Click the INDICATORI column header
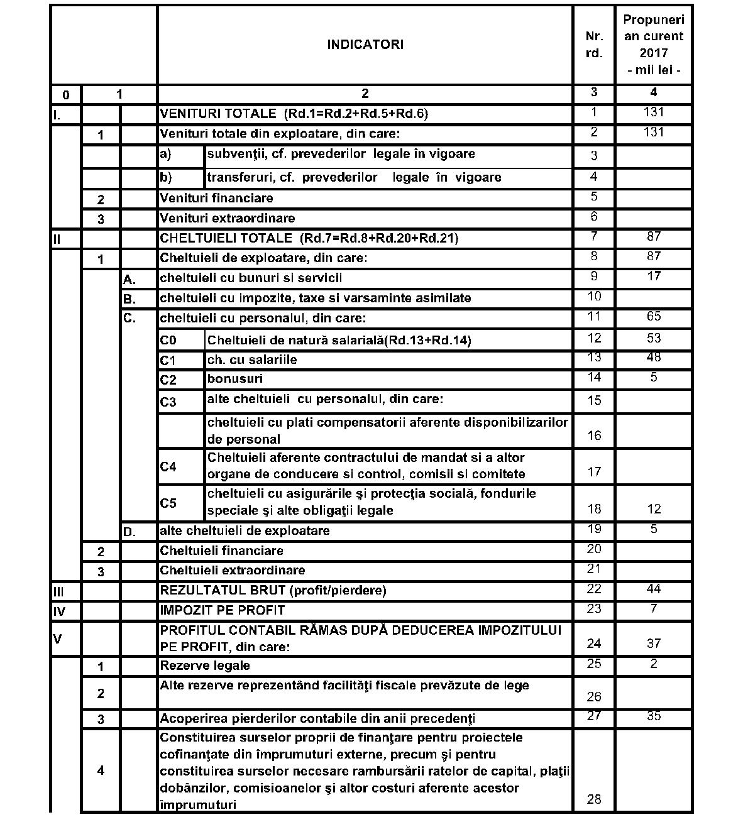coord(365,45)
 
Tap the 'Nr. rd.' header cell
coord(593,45)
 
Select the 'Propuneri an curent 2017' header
coord(654,45)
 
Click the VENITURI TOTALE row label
coord(294,114)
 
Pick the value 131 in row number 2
coord(654,132)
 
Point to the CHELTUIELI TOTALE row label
coord(309,238)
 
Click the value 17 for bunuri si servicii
coord(654,276)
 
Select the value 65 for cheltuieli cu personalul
coord(654,316)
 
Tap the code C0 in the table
coord(168,341)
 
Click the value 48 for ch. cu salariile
coord(654,357)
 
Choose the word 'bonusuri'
coord(235,379)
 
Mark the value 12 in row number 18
coord(654,509)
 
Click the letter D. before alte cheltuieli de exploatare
coord(129,532)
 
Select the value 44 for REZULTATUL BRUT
coord(654,589)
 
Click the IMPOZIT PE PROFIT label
coord(222,610)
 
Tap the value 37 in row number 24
coord(654,643)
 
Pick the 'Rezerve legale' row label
coord(205,665)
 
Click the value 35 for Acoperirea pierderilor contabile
coord(654,716)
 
